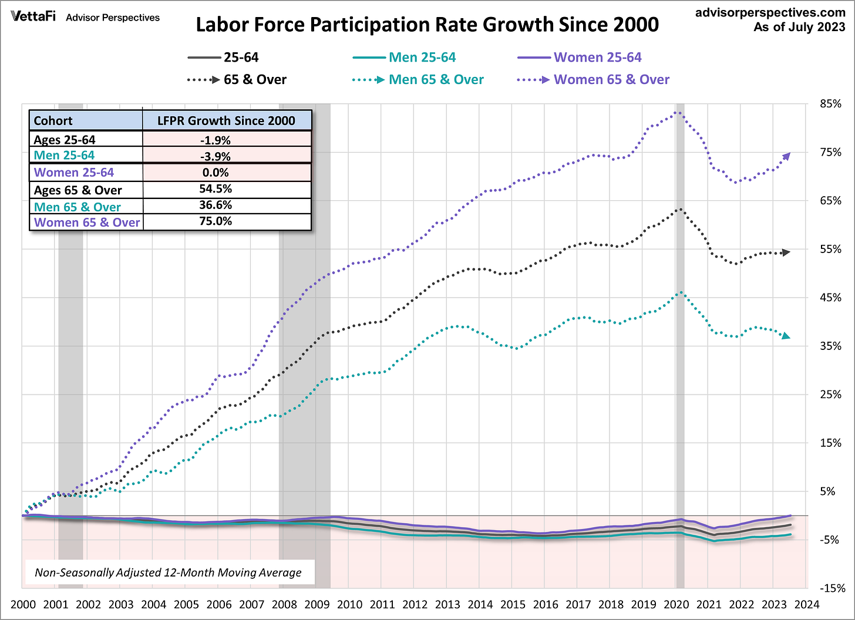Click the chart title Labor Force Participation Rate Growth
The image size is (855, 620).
pos(427,25)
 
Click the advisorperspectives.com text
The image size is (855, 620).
pos(770,12)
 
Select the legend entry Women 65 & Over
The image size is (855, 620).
pos(611,80)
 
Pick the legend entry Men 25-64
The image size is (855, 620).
pos(422,58)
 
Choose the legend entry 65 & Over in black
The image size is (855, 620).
pos(254,80)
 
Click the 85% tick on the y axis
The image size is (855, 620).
pos(830,104)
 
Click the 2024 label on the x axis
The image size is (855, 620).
pos(806,605)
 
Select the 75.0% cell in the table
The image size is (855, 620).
pos(216,221)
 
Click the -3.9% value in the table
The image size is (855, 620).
pos(216,156)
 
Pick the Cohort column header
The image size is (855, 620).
pos(53,121)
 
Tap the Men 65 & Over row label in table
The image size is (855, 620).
pos(77,207)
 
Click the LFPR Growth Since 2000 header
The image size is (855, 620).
pos(226,121)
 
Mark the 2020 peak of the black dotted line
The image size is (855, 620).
pos(679,209)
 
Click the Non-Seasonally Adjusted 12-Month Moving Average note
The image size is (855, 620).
pos(168,572)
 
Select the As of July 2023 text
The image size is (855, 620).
pos(799,27)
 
